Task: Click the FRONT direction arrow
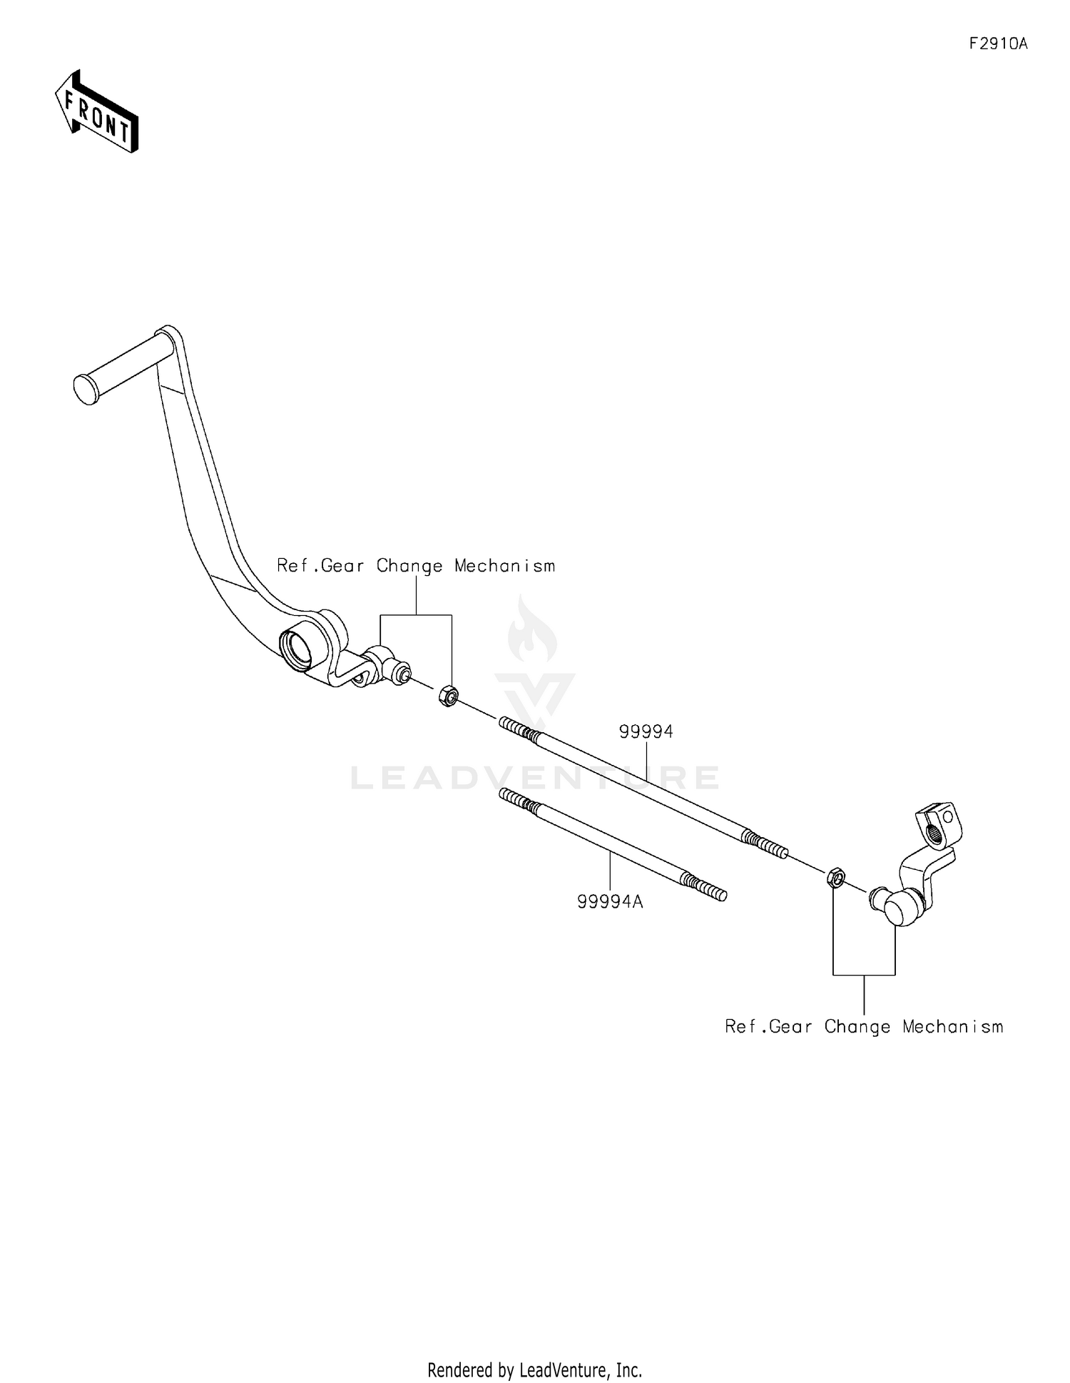point(97,111)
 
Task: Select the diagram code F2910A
point(998,44)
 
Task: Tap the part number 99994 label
point(646,731)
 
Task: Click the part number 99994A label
point(610,902)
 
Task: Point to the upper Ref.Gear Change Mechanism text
point(416,566)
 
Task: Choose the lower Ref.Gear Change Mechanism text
point(864,1027)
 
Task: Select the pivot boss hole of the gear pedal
point(298,644)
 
